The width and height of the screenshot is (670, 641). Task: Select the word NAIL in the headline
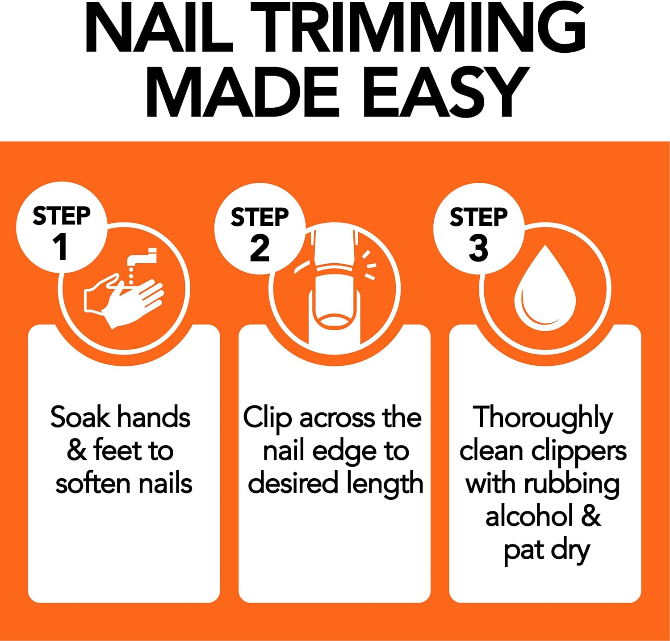pos(159,29)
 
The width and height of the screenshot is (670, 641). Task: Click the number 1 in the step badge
pos(60,247)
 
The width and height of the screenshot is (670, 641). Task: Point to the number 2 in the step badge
pos(260,248)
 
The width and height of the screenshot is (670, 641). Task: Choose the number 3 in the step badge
pos(478,248)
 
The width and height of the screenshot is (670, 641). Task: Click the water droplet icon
pos(545,288)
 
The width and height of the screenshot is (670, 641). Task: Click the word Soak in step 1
pos(80,417)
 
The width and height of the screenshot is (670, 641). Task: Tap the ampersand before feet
pos(76,451)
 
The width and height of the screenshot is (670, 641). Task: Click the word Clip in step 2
pos(267,418)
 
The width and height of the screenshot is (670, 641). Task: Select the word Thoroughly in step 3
pos(543,418)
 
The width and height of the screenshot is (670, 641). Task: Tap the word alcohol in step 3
pos(529,517)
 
